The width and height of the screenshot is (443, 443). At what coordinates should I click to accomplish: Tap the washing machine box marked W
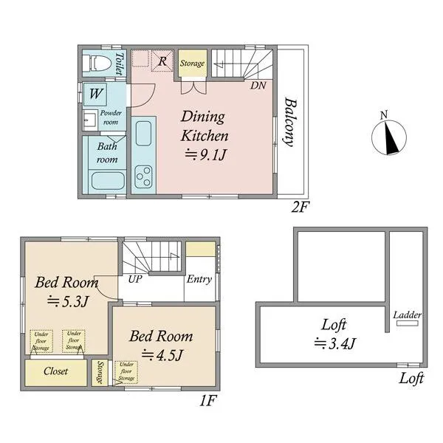(x=95, y=94)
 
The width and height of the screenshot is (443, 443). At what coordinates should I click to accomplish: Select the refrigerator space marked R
(x=162, y=61)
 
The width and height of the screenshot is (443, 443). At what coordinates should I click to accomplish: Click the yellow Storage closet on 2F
(x=193, y=63)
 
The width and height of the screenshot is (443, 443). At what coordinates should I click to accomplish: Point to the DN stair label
(x=258, y=86)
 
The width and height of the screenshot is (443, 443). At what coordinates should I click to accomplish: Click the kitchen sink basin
(x=143, y=134)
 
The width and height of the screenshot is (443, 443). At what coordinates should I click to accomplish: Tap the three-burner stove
(x=143, y=177)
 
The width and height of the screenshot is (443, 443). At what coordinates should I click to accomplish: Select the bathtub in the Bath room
(x=108, y=181)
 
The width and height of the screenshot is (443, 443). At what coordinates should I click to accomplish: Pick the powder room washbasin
(x=90, y=120)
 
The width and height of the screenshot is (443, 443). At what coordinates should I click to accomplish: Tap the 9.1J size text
(x=205, y=154)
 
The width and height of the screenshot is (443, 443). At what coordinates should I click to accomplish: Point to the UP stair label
(x=135, y=279)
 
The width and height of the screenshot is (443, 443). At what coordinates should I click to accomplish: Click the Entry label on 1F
(x=199, y=279)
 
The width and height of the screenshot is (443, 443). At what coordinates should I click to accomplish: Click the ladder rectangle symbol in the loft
(x=407, y=323)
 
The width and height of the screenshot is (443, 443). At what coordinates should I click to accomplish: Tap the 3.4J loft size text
(x=334, y=343)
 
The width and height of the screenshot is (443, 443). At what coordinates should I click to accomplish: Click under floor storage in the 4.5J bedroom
(x=126, y=372)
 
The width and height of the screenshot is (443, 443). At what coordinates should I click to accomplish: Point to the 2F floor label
(x=301, y=207)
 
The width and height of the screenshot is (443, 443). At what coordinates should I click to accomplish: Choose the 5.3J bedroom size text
(x=68, y=302)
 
